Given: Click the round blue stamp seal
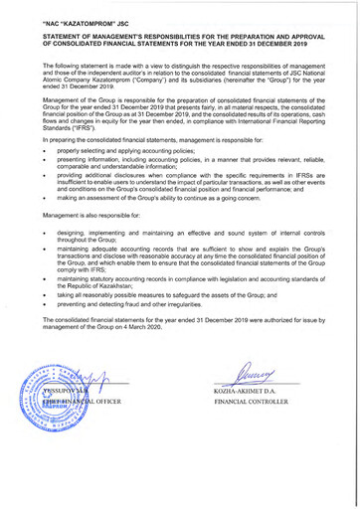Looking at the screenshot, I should click(x=57, y=407).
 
